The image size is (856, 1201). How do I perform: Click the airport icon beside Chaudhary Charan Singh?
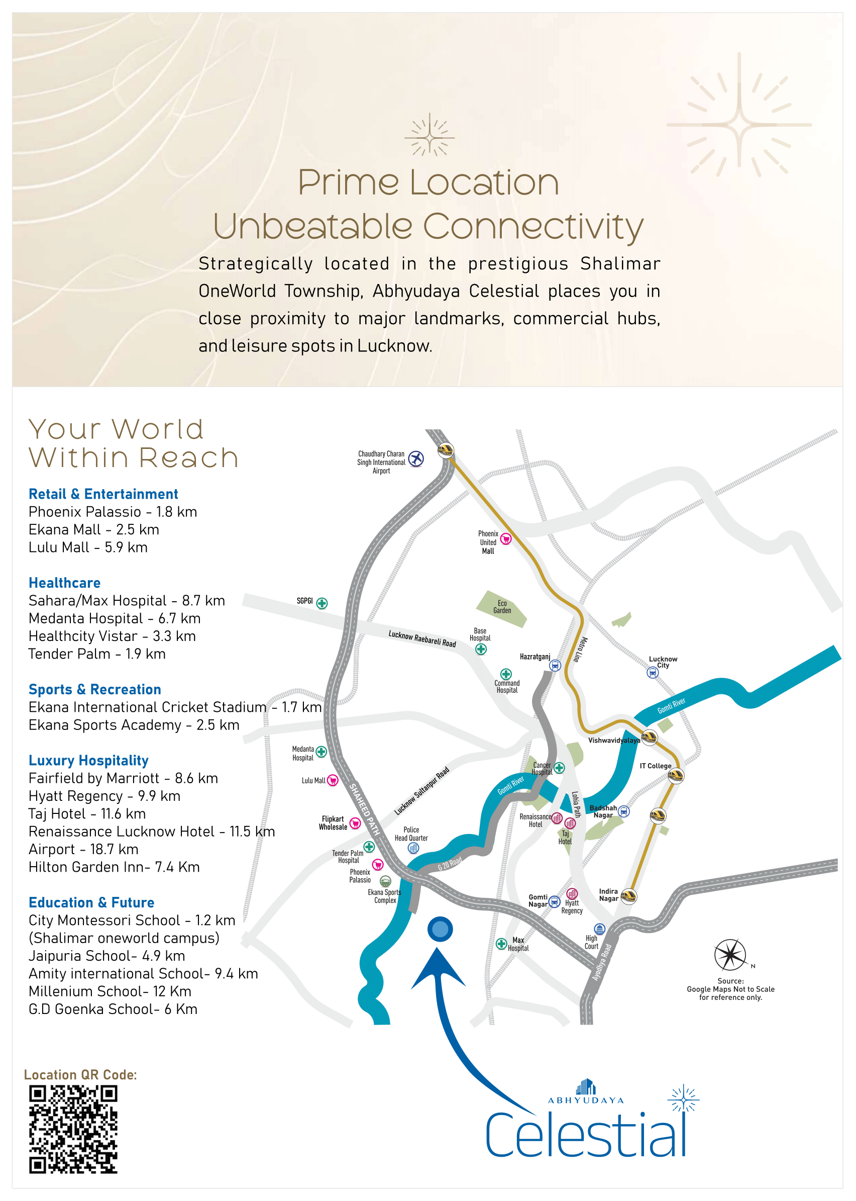pyautogui.click(x=416, y=458)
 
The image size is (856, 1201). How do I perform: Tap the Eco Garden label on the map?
pyautogui.click(x=502, y=607)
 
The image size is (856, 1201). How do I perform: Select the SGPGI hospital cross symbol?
pyautogui.click(x=322, y=603)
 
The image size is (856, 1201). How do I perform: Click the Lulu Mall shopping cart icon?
pyautogui.click(x=333, y=780)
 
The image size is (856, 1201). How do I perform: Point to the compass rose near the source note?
pyautogui.click(x=729, y=955)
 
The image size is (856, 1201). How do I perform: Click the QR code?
pyautogui.click(x=73, y=1129)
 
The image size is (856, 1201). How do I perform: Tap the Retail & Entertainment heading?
pyautogui.click(x=103, y=494)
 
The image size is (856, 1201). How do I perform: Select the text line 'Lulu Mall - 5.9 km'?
pyautogui.click(x=88, y=547)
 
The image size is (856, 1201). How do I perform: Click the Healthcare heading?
pyautogui.click(x=64, y=583)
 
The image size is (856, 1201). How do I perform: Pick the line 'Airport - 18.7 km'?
pyautogui.click(x=83, y=849)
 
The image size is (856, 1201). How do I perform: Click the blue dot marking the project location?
pyautogui.click(x=440, y=929)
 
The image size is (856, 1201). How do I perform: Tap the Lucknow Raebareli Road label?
pyautogui.click(x=422, y=639)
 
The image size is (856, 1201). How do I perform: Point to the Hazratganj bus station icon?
pyautogui.click(x=555, y=665)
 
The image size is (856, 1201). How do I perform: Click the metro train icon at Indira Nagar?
pyautogui.click(x=629, y=896)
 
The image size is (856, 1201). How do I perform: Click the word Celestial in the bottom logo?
pyautogui.click(x=586, y=1135)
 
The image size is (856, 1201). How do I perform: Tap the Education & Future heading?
pyautogui.click(x=91, y=902)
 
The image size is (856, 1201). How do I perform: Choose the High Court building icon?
pyautogui.click(x=599, y=929)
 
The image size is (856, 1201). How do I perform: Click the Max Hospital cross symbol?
pyautogui.click(x=501, y=944)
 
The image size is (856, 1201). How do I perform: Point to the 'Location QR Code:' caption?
pyautogui.click(x=80, y=1074)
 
